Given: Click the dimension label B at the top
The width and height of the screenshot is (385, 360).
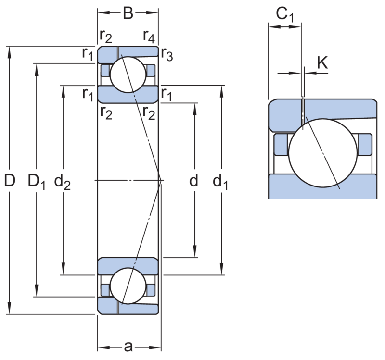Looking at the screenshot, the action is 128,13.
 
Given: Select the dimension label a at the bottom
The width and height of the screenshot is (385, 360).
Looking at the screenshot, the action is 128,347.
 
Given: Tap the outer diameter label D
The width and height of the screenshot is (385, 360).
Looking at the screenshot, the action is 10,180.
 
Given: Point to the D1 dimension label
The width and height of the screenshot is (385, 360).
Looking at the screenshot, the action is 37,182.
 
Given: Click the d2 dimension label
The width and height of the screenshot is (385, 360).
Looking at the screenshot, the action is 63,182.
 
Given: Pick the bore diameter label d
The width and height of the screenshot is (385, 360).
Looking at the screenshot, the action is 194,181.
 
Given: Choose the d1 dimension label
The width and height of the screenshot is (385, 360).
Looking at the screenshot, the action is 220,182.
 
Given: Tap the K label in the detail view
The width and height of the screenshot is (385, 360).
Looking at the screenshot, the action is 322,63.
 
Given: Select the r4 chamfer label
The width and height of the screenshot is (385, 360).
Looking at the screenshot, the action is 149,37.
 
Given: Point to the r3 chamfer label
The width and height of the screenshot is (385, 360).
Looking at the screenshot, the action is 167,54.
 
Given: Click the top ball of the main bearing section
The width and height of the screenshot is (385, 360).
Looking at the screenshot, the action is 128,75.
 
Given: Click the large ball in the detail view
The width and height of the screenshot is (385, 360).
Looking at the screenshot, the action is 323,153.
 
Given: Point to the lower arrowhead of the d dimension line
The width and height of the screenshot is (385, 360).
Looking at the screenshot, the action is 195,251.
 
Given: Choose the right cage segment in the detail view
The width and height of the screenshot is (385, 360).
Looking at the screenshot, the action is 365,145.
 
